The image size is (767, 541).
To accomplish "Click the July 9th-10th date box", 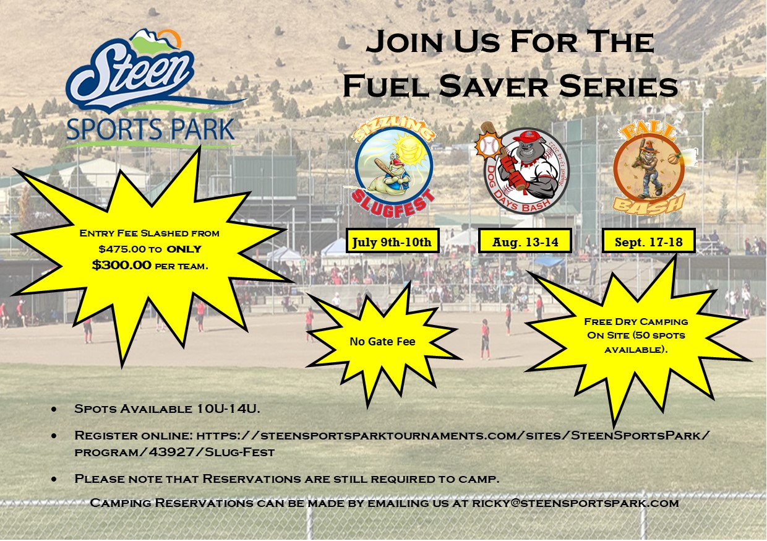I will (x=393, y=241).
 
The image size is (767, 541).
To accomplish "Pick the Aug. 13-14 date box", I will (x=525, y=241).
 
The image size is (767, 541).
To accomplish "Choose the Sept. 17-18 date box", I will (x=649, y=241).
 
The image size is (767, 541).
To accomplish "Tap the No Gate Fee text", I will (x=382, y=341).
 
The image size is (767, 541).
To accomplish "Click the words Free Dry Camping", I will (x=635, y=322).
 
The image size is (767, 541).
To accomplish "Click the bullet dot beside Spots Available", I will (x=56, y=410).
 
